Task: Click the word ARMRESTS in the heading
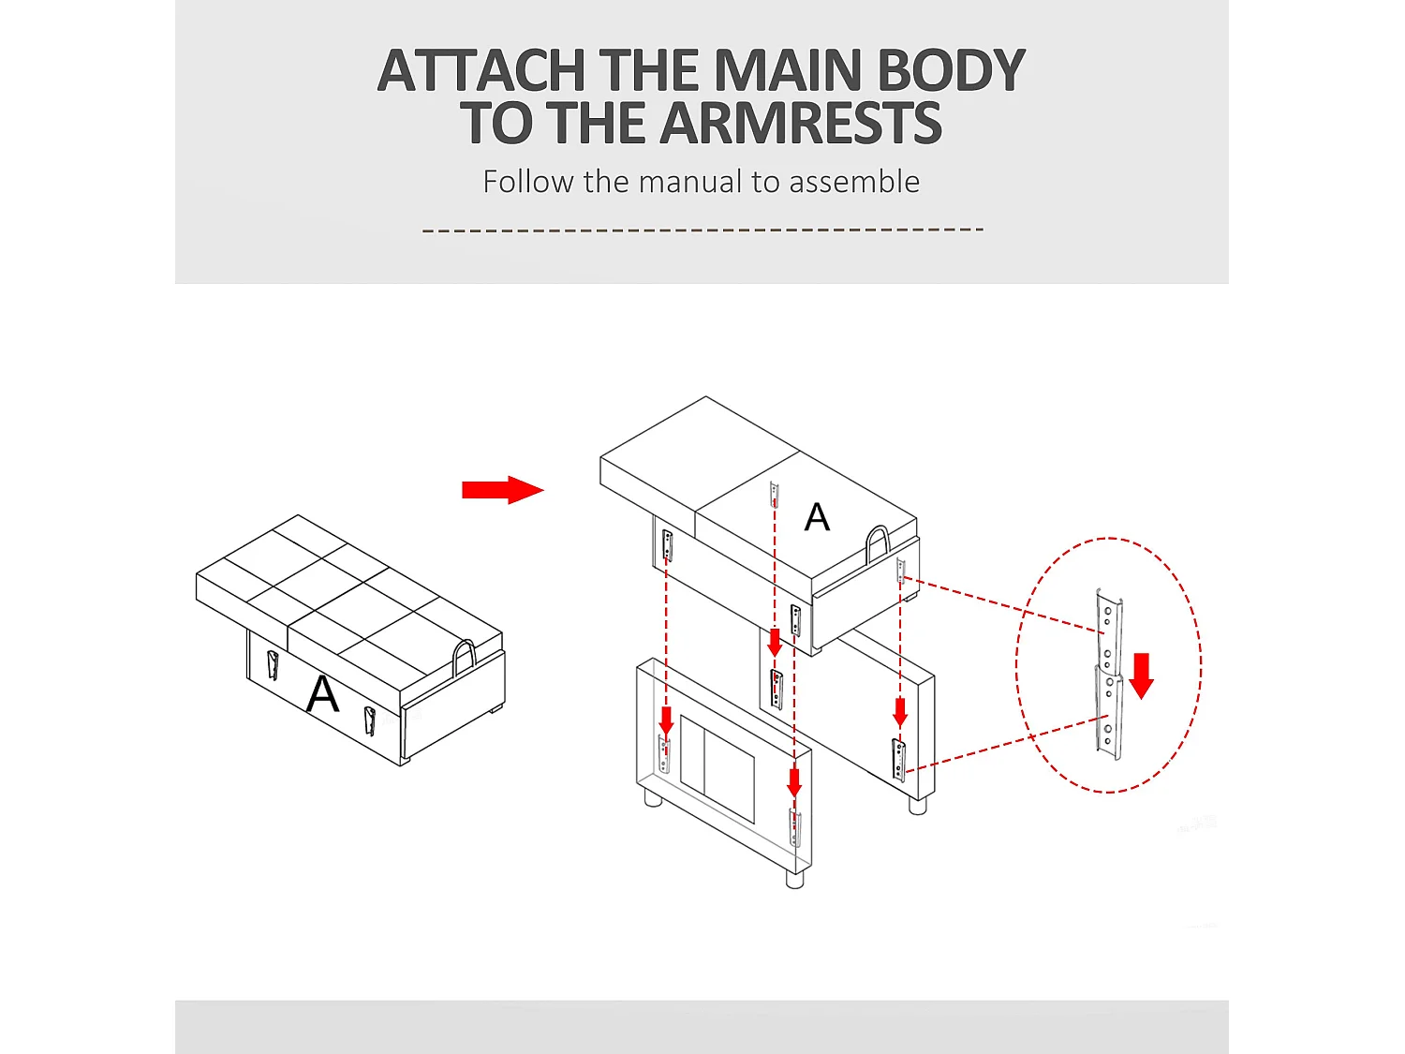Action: click(x=801, y=122)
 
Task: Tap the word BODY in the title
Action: click(x=951, y=70)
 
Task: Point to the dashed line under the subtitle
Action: click(x=702, y=230)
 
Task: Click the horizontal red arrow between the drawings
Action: click(x=502, y=490)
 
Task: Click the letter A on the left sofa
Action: click(x=322, y=694)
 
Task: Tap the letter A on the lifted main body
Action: click(x=817, y=517)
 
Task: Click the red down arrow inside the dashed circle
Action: click(x=1141, y=676)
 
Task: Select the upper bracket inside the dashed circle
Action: click(x=1109, y=631)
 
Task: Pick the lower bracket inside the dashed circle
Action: click(x=1109, y=712)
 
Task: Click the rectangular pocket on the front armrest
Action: click(x=717, y=768)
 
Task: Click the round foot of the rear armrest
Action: click(x=917, y=805)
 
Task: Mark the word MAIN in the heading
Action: click(x=787, y=70)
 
